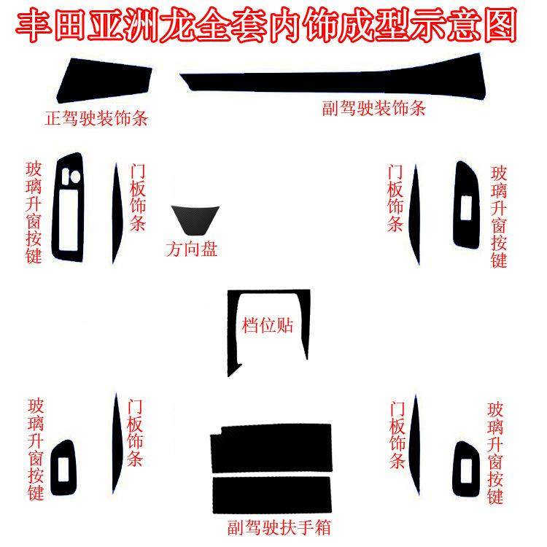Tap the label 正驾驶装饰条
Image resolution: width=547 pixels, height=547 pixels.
tap(96, 117)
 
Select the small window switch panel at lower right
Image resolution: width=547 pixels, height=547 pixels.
tap(465, 467)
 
